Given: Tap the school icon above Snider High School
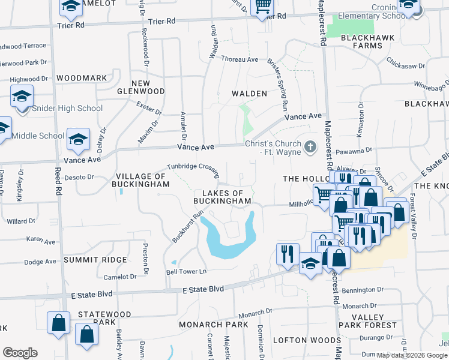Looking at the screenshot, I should (22, 96).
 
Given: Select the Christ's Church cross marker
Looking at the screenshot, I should (310, 146).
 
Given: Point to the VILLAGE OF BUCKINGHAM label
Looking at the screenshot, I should (140, 180).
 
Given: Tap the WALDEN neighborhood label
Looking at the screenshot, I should (250, 94).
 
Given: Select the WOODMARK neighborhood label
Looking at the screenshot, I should (82, 78).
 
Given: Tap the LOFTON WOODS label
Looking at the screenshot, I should (298, 340).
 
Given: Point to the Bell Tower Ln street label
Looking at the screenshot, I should (186, 272).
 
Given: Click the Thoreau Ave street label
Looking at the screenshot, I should (240, 59).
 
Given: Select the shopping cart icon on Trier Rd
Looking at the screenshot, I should (262, 7).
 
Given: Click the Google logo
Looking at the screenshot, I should (20, 353).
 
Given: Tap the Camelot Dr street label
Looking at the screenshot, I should (121, 277).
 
